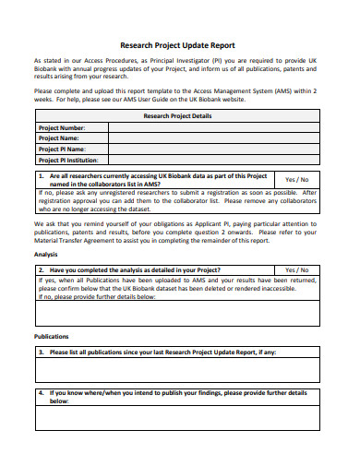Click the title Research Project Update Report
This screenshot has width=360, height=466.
pyautogui.click(x=179, y=44)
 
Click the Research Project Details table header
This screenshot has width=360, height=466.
pyautogui.click(x=179, y=116)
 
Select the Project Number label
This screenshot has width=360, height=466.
pyautogui.click(x=61, y=127)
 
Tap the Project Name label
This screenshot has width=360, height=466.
pyautogui.click(x=59, y=137)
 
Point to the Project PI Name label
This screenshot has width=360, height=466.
pyautogui.click(x=62, y=148)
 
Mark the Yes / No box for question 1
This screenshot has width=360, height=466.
pyautogui.click(x=297, y=179)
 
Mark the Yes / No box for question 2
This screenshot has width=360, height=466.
pyautogui.click(x=297, y=270)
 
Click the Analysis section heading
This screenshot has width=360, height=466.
pyautogui.click(x=46, y=254)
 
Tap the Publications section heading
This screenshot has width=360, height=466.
pyautogui.click(x=52, y=337)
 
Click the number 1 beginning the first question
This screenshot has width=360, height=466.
pyautogui.click(x=41, y=175)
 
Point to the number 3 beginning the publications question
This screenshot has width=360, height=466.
pyautogui.click(x=41, y=352)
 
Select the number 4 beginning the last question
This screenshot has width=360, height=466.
pyautogui.click(x=41, y=392)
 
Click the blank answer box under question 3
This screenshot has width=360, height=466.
pyautogui.click(x=179, y=370)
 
